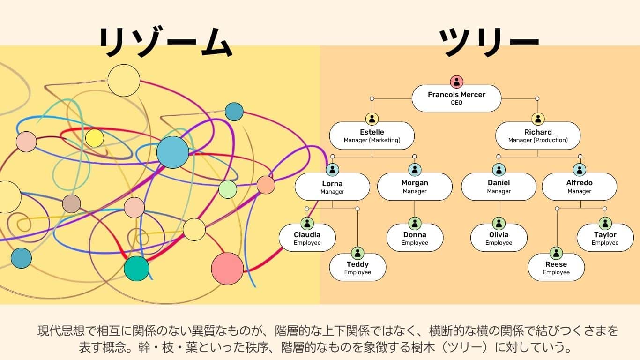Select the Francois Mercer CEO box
(x=456, y=98)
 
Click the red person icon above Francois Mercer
(x=456, y=82)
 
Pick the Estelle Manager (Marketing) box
(x=372, y=136)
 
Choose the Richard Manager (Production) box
(x=538, y=136)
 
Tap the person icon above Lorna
(x=332, y=170)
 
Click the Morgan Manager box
(x=415, y=187)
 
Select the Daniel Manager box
(x=499, y=187)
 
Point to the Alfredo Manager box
(x=580, y=187)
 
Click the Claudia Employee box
(x=307, y=238)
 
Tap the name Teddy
(x=357, y=264)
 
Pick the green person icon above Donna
(x=415, y=224)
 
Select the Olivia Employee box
(x=499, y=238)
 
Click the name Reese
(x=556, y=264)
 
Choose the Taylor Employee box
(x=605, y=238)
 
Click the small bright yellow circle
(x=95, y=138)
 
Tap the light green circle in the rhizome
(x=228, y=189)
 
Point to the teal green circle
(x=136, y=269)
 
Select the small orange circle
(x=266, y=185)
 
